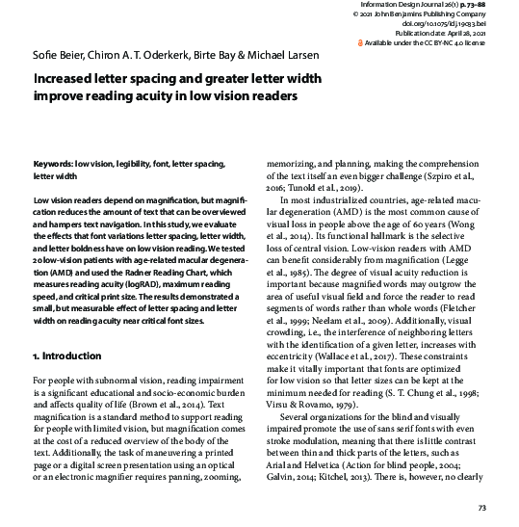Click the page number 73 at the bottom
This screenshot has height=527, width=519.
[482, 508]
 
